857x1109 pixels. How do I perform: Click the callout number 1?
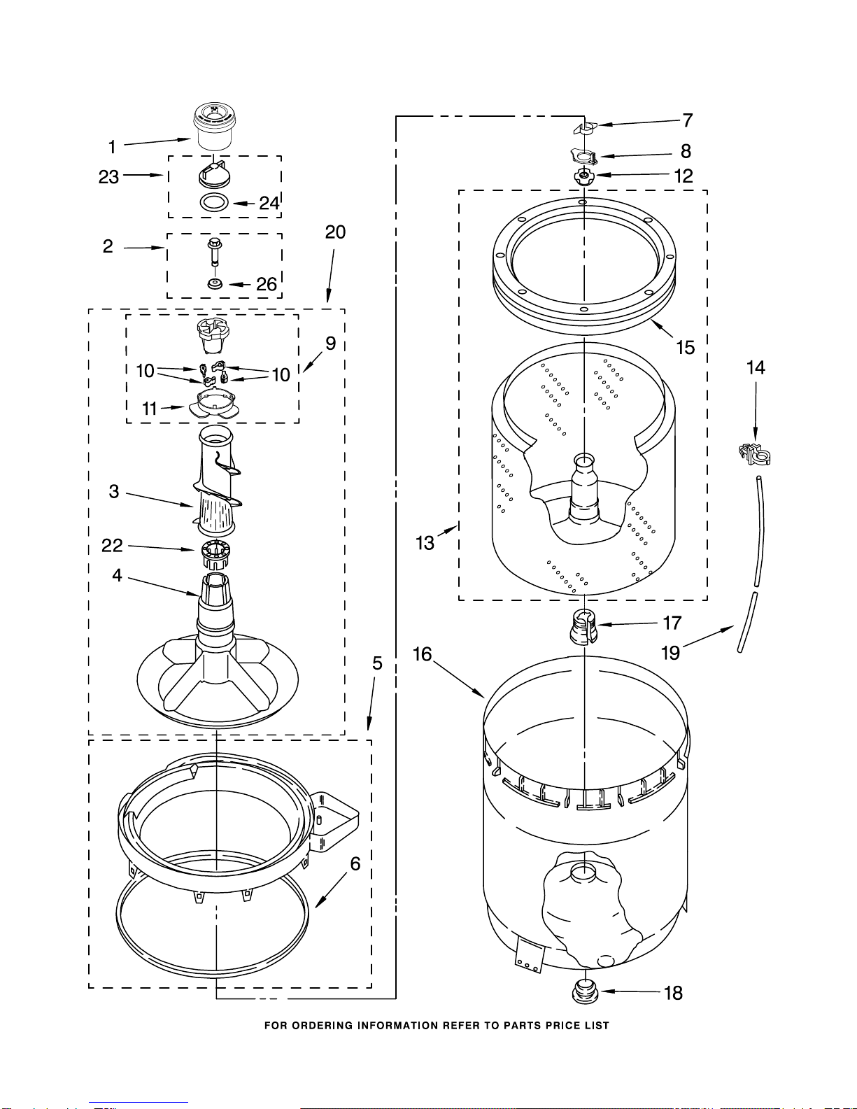click(112, 147)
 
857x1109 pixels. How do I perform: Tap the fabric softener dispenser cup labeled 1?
click(214, 127)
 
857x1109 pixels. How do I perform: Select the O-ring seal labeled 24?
click(214, 202)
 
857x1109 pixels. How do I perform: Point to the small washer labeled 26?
click(215, 283)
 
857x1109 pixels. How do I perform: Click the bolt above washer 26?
click(215, 251)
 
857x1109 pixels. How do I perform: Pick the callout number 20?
click(335, 232)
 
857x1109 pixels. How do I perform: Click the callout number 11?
click(149, 409)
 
